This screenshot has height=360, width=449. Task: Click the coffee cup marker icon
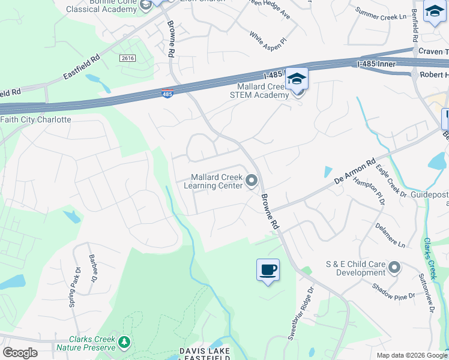(x=268, y=269)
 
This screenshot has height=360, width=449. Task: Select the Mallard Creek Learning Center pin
(x=252, y=181)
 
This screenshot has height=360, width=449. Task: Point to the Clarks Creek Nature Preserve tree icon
(x=124, y=343)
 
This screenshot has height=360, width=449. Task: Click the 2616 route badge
(x=127, y=58)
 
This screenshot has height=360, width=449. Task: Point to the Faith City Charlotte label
(x=36, y=119)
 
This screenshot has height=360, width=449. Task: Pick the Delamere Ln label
(x=390, y=236)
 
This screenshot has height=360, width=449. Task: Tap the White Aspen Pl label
(x=268, y=40)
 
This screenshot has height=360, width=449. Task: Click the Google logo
(x=20, y=352)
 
